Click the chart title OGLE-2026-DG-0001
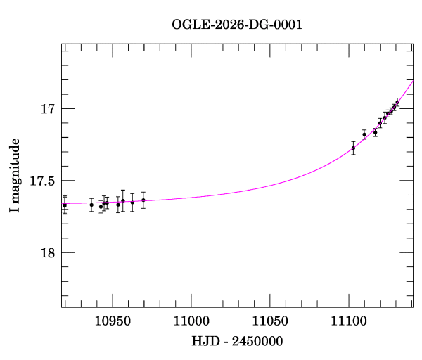(x=237, y=25)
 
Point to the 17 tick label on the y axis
(x=47, y=109)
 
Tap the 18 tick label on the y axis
(x=47, y=253)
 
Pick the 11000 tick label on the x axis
(x=192, y=321)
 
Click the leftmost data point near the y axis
(x=65, y=205)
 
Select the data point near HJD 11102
(x=353, y=148)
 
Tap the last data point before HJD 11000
(x=143, y=200)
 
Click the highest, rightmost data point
(x=397, y=101)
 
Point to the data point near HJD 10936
(x=91, y=205)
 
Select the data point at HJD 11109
(x=364, y=134)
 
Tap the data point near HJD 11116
(x=375, y=132)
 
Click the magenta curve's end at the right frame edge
(x=413, y=81)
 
